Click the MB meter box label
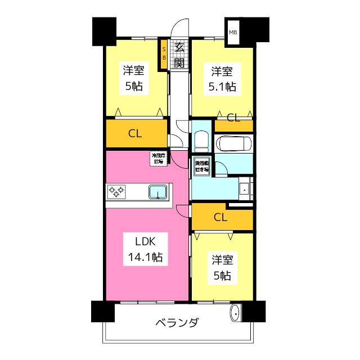coord(233,32)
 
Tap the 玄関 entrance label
coord(179,55)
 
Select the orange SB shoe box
coord(164,53)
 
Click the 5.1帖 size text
coord(222,87)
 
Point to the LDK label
coord(144,241)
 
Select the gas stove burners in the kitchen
coord(117,192)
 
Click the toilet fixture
coord(201,140)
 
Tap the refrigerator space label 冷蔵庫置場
coord(157,158)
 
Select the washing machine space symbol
coord(201,166)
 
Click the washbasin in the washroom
coord(245,189)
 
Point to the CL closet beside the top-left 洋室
coord(134,134)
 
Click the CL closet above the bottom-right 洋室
coord(220,217)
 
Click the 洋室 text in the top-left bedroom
coord(134,71)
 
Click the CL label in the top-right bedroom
coord(233,118)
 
